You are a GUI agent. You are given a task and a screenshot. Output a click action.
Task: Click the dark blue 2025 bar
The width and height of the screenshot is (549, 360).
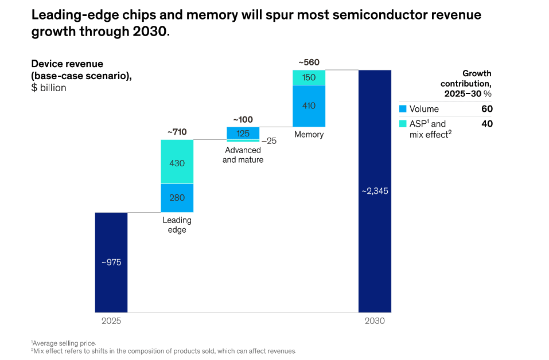coord(111,263)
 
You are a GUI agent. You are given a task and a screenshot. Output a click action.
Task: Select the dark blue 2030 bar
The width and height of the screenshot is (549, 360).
coord(375,191)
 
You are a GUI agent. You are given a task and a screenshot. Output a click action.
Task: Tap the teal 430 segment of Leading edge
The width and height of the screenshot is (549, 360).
coord(177,162)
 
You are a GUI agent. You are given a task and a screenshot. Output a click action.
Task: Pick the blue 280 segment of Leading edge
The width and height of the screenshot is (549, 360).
coord(177,198)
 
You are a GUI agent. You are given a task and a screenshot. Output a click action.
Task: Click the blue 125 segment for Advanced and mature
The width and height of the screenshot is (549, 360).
coord(243,134)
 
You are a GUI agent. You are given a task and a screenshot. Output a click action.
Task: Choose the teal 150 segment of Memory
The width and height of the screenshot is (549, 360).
coord(309,77)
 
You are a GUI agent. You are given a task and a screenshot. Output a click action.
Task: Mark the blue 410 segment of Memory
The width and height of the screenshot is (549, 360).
coord(309,106)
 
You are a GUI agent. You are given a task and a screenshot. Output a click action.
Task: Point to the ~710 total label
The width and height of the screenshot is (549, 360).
coord(177,132)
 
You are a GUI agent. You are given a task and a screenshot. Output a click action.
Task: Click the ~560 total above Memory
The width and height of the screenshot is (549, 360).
coord(309,62)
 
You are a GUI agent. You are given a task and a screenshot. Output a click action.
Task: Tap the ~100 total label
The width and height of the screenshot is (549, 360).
coord(243,120)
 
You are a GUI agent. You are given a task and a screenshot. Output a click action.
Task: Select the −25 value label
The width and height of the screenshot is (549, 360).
coord(269,141)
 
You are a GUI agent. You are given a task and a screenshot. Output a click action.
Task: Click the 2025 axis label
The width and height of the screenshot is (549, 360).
coord(111,321)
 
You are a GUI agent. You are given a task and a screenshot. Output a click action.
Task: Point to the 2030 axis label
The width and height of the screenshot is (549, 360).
coord(375,321)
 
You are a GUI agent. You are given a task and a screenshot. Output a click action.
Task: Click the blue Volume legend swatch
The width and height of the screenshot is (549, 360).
coord(403,109)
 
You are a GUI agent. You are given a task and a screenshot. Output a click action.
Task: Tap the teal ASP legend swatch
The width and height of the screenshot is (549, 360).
coord(403,123)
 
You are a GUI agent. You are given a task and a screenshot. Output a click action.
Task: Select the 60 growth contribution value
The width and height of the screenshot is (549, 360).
coord(487,109)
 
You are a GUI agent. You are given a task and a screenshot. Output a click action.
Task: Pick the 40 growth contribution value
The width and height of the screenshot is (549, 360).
coord(487,124)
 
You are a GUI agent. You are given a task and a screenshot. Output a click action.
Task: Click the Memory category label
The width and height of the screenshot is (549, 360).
coord(309,134)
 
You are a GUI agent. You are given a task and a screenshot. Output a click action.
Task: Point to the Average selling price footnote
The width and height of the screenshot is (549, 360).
coord(63,343)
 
